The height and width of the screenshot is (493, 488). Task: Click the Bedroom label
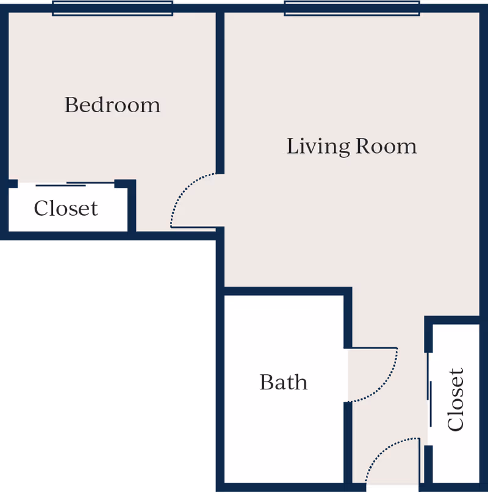click(112, 105)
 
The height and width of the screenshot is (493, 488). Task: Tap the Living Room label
click(352, 146)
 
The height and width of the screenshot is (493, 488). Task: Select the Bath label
click(284, 382)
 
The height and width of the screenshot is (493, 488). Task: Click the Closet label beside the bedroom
click(66, 208)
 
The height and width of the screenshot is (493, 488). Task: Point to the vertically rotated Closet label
click(456, 400)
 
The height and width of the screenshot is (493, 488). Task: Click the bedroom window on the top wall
click(112, 7)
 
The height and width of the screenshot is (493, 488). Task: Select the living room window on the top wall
click(352, 7)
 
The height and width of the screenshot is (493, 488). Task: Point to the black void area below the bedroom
click(107, 366)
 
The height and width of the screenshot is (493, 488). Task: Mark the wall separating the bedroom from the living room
click(220, 91)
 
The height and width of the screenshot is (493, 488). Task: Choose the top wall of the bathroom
click(284, 291)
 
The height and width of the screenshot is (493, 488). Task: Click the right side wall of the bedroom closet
click(131, 207)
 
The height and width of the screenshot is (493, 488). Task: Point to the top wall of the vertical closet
click(454, 320)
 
